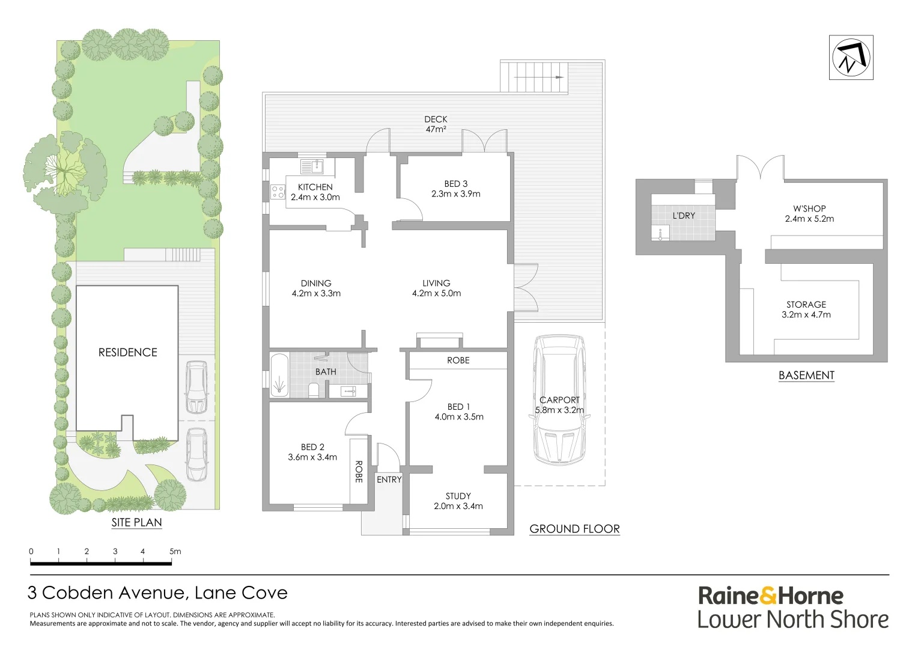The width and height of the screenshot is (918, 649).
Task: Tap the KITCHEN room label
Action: (315, 187)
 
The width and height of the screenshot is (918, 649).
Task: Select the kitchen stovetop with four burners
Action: (278, 192)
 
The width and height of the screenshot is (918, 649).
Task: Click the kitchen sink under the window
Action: (312, 166)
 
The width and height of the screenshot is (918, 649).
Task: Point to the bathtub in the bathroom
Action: (279, 375)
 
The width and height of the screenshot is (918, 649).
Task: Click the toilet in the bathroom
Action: (314, 390)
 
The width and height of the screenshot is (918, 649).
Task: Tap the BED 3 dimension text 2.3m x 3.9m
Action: (456, 194)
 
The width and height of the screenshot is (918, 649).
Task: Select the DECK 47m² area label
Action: (436, 124)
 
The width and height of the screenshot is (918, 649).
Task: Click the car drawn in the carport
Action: (559, 400)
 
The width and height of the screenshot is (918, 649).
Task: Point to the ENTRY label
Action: (389, 480)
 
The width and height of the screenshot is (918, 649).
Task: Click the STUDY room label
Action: (458, 496)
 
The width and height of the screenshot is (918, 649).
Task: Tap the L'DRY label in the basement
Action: (684, 216)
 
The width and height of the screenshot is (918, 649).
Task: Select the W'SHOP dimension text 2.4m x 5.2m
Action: (809, 219)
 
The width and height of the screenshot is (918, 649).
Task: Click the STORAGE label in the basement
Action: (806, 305)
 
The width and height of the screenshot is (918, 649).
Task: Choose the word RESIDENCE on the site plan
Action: (128, 353)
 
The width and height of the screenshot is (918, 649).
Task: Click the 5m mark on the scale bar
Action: (175, 552)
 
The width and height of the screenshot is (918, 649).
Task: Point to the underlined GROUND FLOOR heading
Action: (574, 529)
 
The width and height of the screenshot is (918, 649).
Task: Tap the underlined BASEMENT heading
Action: (806, 376)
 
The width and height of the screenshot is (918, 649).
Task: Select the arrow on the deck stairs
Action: (538, 77)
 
